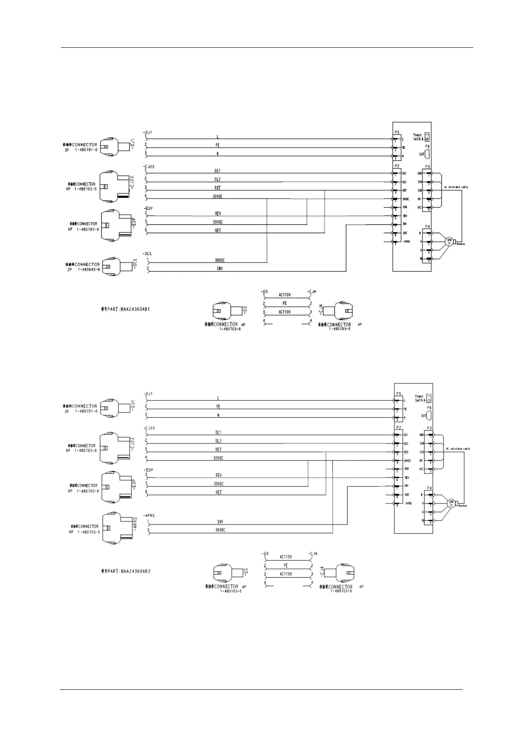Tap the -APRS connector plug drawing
click(117, 528)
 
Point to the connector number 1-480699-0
click(89, 270)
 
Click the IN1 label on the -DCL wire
click(220, 269)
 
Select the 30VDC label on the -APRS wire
click(220, 530)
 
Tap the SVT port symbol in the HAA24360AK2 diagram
click(428, 415)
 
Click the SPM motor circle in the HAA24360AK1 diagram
click(449, 241)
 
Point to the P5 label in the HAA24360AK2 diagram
click(398, 394)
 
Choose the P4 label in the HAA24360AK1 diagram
click(428, 226)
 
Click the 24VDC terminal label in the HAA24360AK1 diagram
click(406, 241)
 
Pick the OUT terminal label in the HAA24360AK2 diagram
click(406, 494)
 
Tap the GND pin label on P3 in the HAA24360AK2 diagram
click(421, 435)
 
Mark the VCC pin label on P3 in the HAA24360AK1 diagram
click(420, 207)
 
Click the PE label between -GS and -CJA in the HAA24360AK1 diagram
click(285, 303)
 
